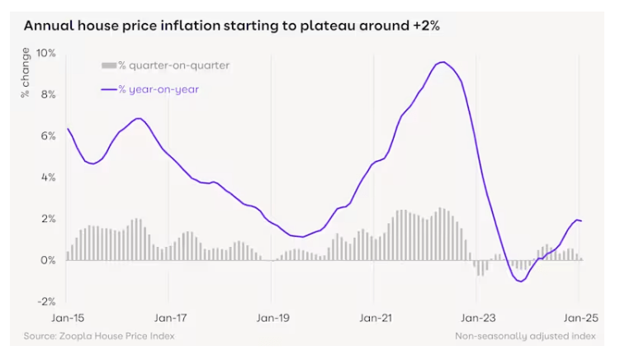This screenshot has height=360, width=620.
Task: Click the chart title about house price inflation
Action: pos(231,26)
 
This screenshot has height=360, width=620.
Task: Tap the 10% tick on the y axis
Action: pos(45,53)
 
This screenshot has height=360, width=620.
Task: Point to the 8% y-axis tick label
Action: pos(47,94)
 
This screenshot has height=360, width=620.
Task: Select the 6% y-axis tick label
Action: pos(47,135)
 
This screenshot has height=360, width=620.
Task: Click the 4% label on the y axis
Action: pos(47,177)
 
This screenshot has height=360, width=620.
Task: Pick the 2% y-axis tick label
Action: pos(47,218)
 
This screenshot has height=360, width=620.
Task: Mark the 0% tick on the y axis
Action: pos(47,259)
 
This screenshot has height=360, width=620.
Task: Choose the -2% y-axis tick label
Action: pos(45,301)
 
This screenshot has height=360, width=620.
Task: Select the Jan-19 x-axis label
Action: pos(272,317)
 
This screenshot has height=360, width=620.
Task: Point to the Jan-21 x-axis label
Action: pos(375,317)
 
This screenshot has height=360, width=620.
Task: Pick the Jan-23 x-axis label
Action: pos(477,317)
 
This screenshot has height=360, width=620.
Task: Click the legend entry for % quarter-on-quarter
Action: pos(165,65)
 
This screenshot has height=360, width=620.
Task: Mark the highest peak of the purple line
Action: pos(443,62)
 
